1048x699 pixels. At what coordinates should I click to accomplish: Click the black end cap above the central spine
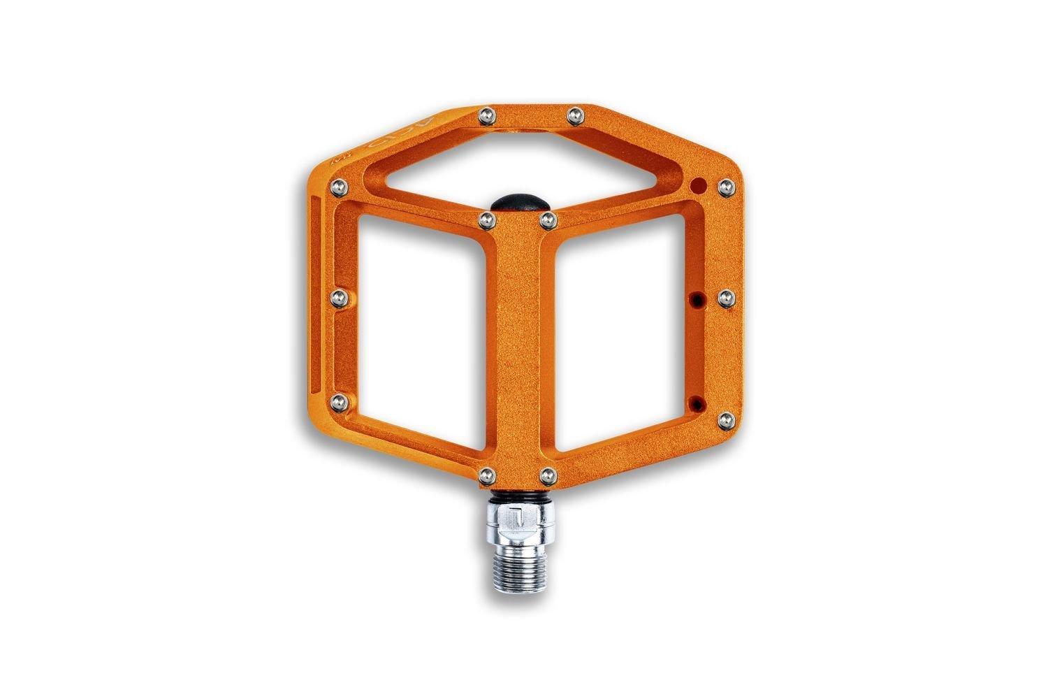coord(518,201)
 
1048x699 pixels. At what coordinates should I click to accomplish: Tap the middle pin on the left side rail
coord(337,298)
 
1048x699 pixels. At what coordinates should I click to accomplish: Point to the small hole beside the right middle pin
coord(696,299)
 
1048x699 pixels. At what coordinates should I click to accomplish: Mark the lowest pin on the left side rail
coord(338,401)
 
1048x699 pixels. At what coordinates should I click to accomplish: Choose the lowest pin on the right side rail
coord(725,420)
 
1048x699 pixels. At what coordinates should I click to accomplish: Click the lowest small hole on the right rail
coord(696,403)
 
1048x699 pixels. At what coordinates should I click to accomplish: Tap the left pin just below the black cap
coord(486,220)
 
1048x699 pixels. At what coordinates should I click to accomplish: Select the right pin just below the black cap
coord(547,220)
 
